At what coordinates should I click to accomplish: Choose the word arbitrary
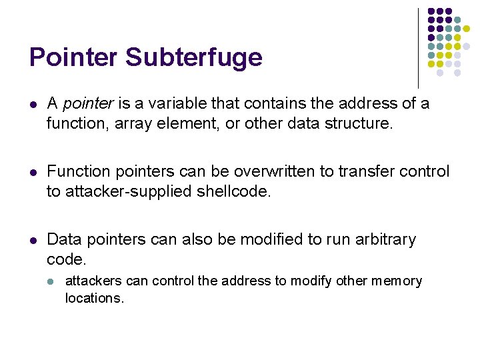pyautogui.click(x=385, y=239)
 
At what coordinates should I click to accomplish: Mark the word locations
pyautogui.click(x=94, y=298)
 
